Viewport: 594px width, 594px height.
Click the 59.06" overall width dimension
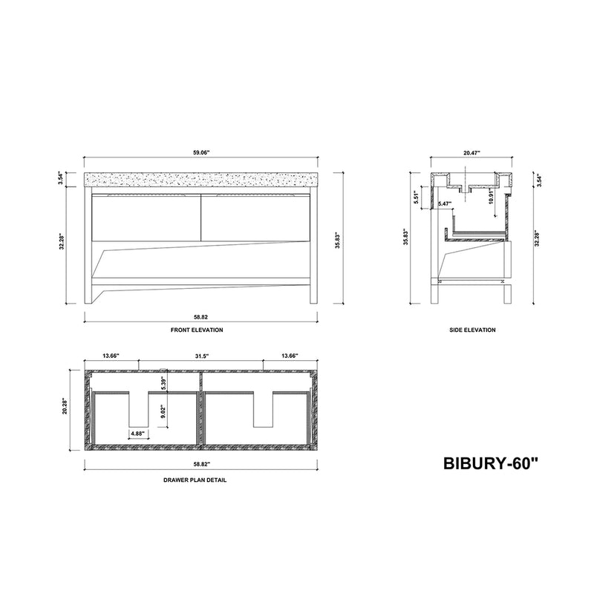tap(201, 153)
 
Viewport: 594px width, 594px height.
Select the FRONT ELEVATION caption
tap(201, 330)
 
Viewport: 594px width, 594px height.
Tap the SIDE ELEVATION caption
tap(472, 330)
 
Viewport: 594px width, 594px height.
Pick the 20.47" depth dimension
tap(471, 153)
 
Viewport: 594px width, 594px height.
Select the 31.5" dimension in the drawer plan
tap(201, 356)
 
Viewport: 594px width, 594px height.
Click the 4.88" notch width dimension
tap(137, 433)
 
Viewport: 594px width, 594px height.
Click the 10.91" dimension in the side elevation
tap(491, 197)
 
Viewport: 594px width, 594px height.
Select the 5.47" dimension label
tap(446, 203)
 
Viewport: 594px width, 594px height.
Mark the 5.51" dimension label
tap(417, 198)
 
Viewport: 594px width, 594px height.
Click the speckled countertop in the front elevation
tap(201, 180)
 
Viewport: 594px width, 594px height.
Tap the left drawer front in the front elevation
tap(145, 217)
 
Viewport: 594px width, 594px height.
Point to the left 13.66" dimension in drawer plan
tap(111, 356)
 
